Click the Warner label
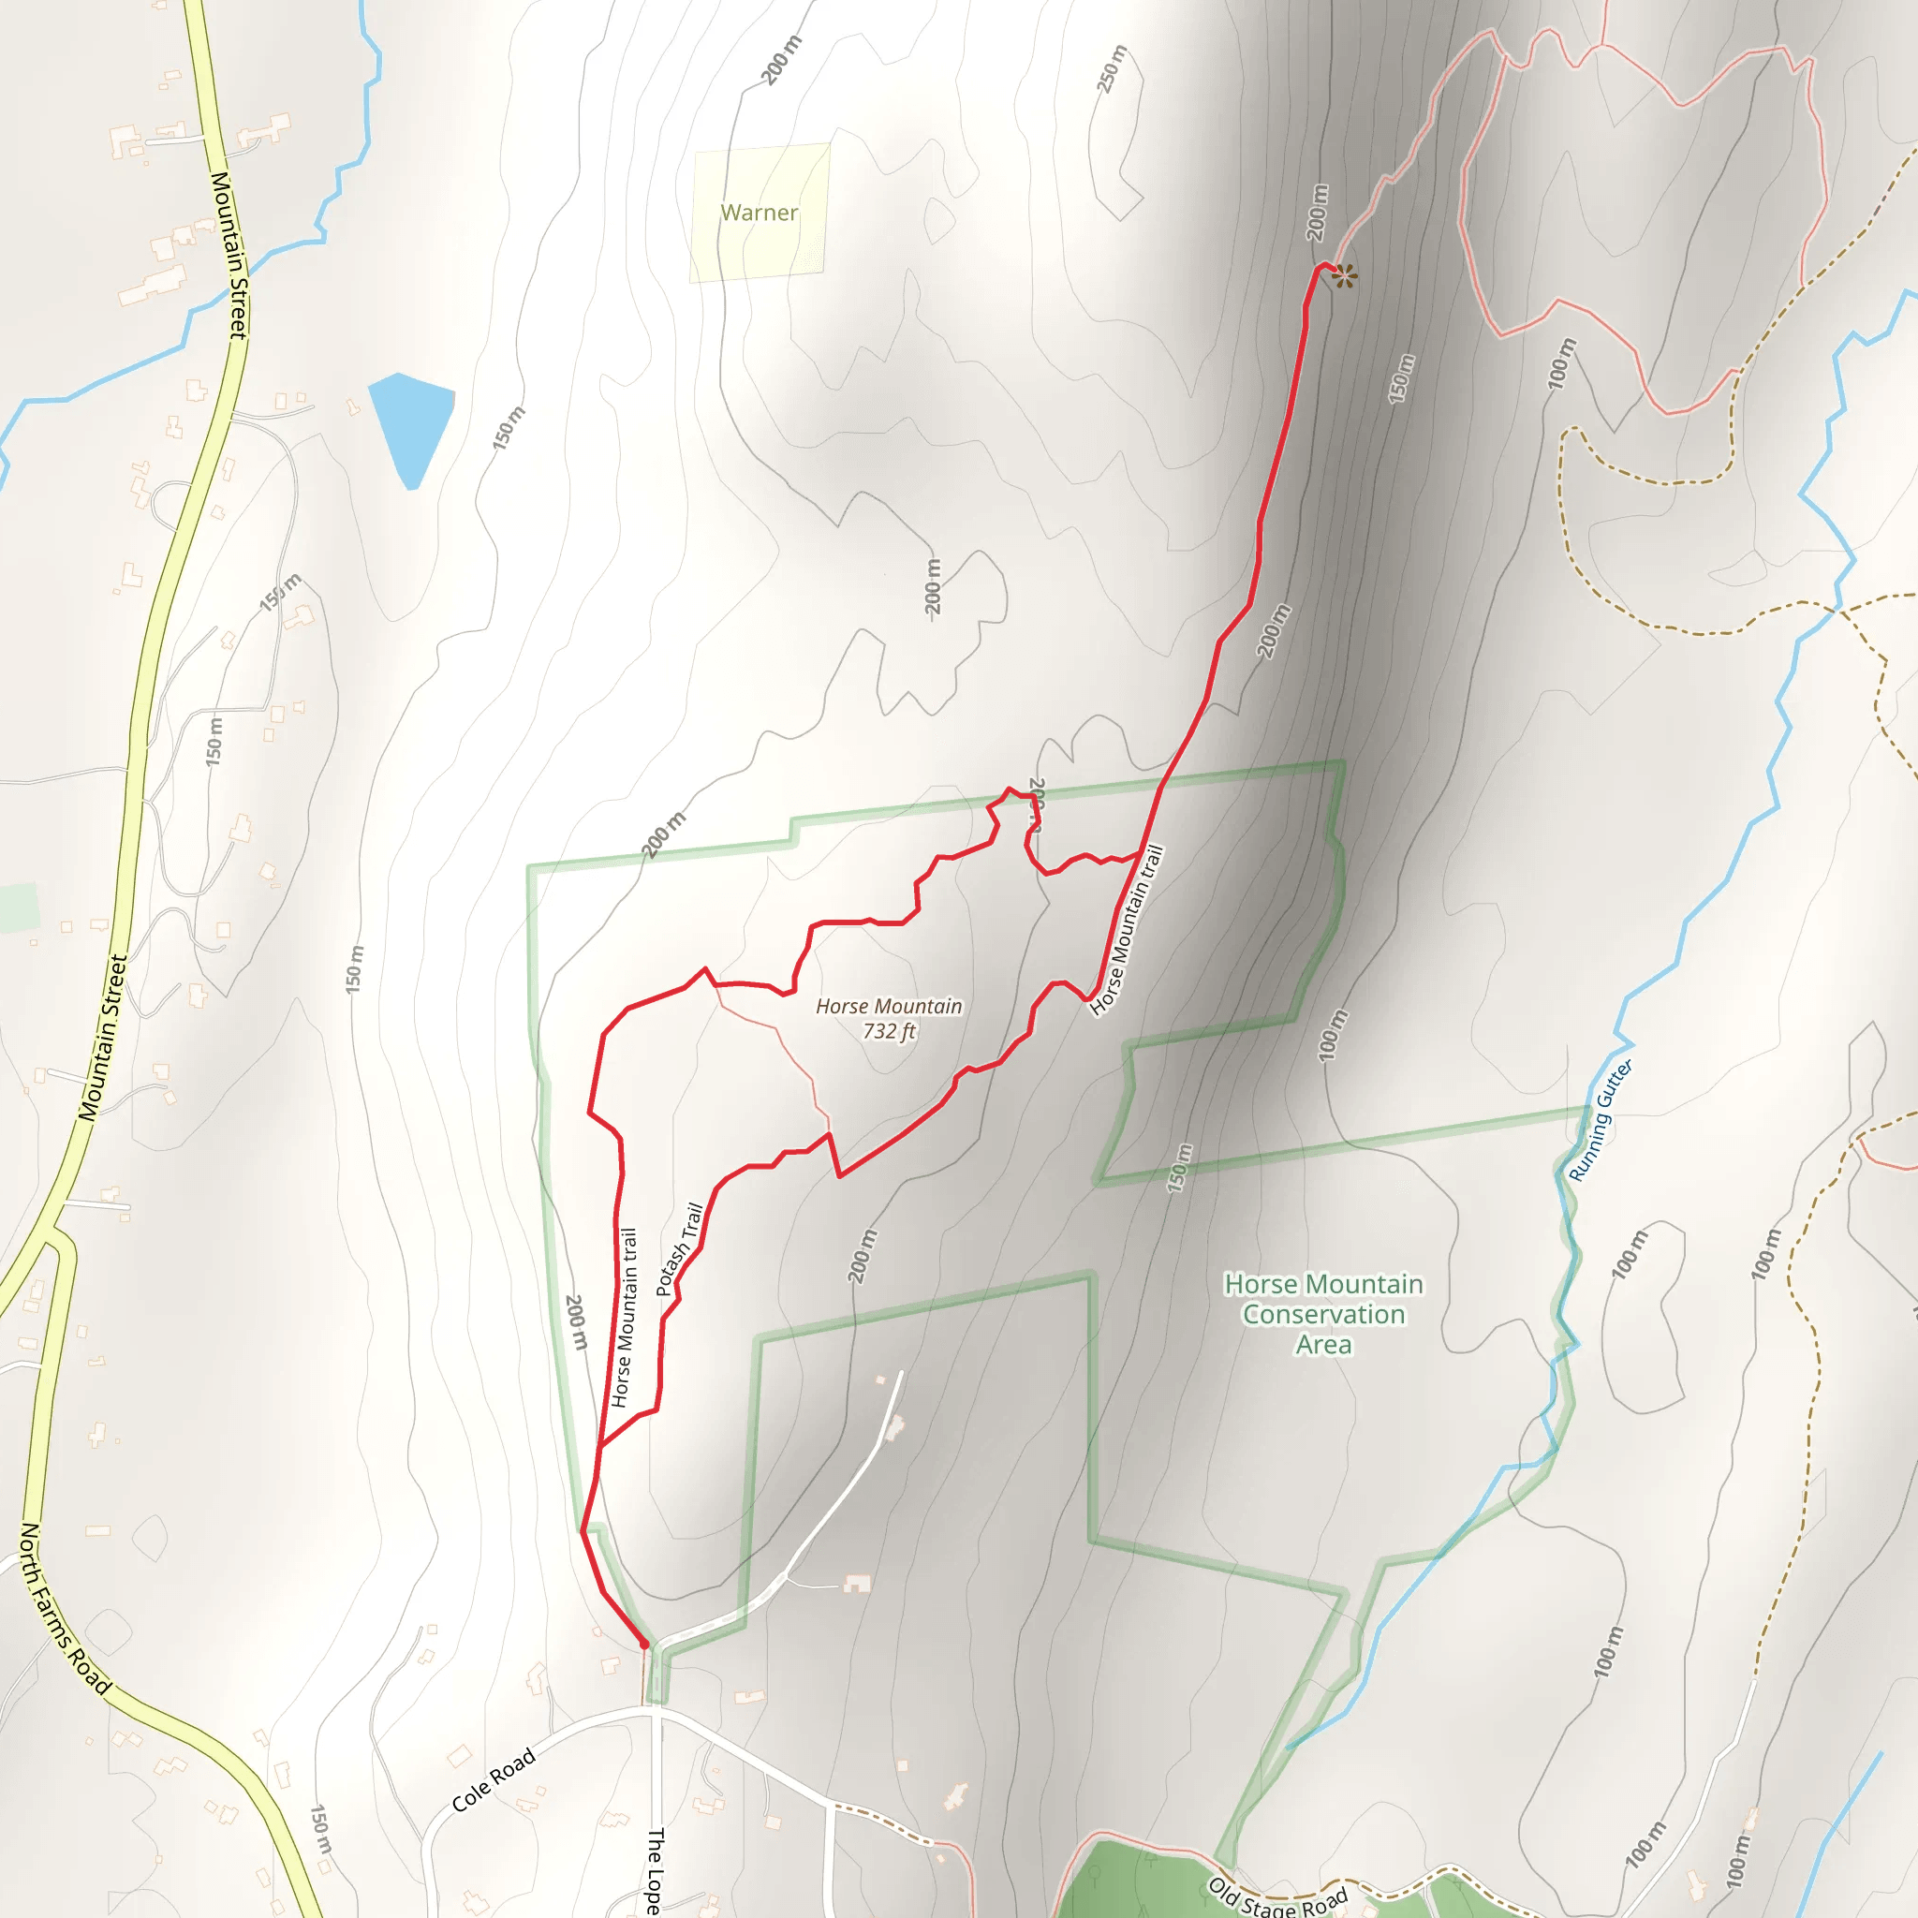[759, 213]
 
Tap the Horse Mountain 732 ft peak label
[889, 1019]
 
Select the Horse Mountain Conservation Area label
[1323, 1313]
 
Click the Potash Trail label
[680, 1249]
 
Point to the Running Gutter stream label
[1600, 1120]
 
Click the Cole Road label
[494, 1779]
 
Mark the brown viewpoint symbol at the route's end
[1344, 276]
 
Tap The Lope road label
[655, 1870]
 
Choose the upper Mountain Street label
[229, 255]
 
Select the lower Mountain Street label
[103, 1038]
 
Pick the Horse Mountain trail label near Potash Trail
[624, 1318]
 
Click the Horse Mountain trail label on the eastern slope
[1127, 930]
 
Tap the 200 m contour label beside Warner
[781, 60]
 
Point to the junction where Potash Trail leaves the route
[600, 1444]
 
